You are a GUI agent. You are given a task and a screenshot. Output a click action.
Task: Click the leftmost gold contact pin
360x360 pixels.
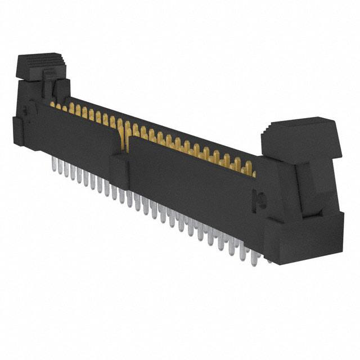point(52,105)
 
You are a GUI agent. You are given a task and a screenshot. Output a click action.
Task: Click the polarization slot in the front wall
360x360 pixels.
point(124,141)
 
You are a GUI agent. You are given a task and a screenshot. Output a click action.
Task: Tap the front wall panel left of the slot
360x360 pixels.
point(79,135)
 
